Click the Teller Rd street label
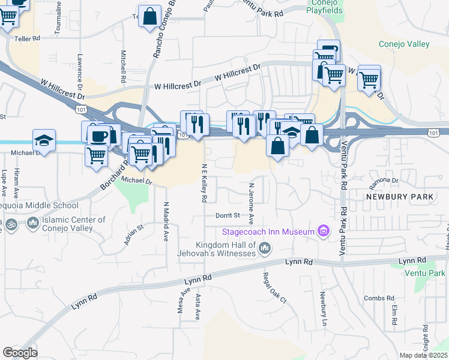coord(27,38)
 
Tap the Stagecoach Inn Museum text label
coord(268,232)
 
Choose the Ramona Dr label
coord(385,180)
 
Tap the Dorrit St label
coord(229,215)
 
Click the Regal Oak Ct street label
coord(267,288)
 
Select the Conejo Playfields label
coord(324,7)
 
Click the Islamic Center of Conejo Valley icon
coord(31,224)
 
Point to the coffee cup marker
coord(99,134)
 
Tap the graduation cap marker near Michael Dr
coord(44,140)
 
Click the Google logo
coord(20,353)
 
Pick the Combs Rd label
coord(379,298)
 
